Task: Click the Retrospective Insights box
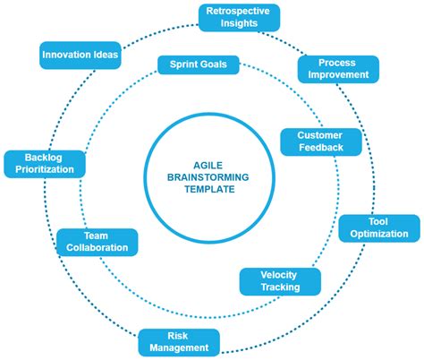238,16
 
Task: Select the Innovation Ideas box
81,56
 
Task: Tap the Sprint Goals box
199,64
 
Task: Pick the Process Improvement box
338,69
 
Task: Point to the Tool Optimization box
378,227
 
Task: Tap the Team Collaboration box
98,241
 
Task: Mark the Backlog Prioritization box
44,164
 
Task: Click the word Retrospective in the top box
238,10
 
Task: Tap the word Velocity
278,275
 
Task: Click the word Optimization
378,235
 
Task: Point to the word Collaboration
98,248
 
